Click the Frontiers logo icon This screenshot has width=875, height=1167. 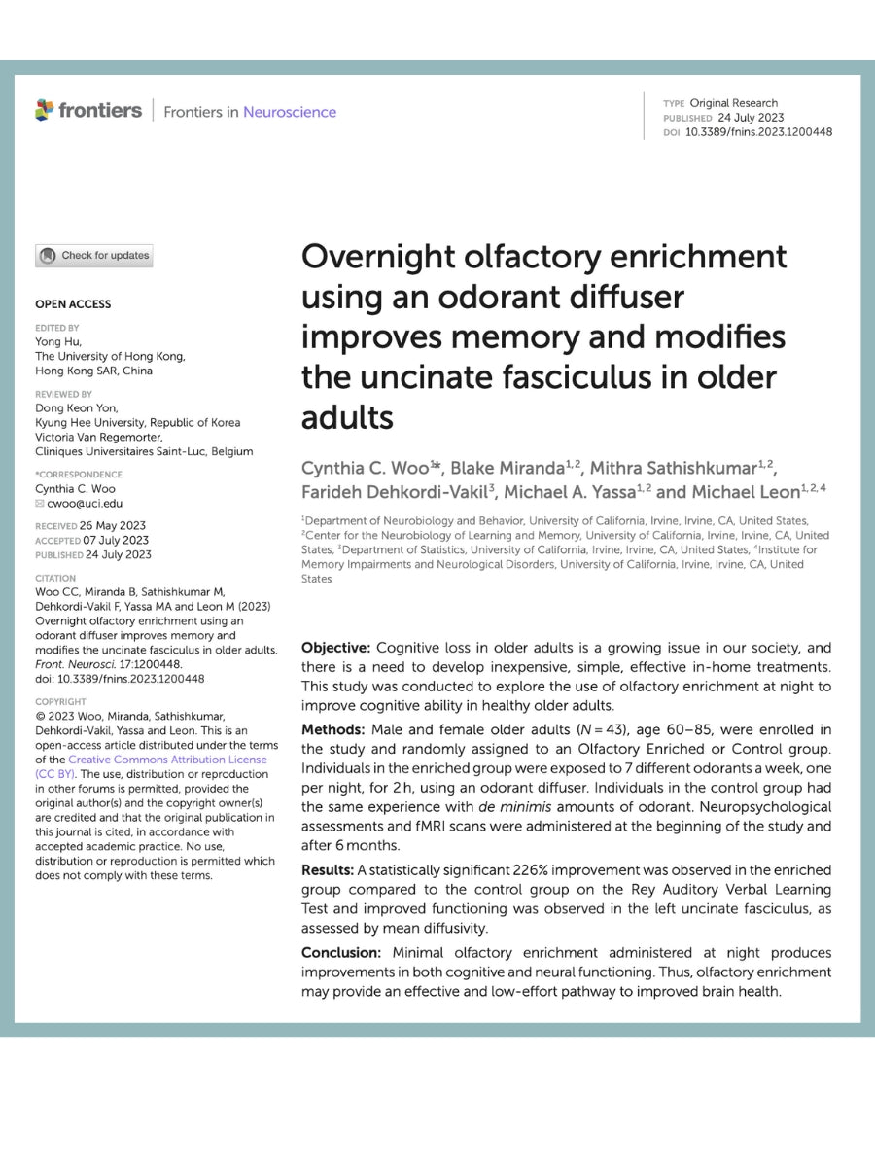45,110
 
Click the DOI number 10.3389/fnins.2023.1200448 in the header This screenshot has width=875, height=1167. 758,132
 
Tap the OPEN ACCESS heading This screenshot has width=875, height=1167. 73,304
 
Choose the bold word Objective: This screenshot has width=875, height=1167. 336,648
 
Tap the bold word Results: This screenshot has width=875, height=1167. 330,870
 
